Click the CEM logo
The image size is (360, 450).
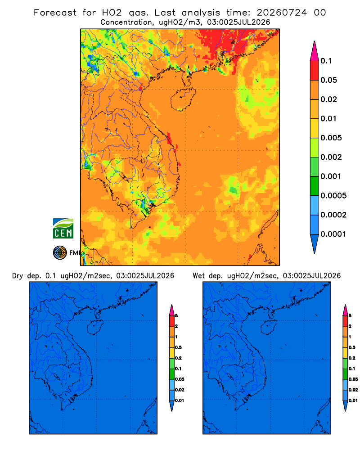[x=63, y=229]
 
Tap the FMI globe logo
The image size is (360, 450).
[x=60, y=252]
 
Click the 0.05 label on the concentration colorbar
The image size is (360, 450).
[x=328, y=80]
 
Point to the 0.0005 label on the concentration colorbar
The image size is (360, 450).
[x=333, y=196]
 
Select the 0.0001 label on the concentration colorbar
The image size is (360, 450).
[x=333, y=234]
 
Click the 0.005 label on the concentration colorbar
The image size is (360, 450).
[x=331, y=138]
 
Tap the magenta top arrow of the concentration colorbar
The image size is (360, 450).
[x=315, y=51]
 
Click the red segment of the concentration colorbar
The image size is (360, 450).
[x=315, y=71]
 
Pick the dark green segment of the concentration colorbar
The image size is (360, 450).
[x=315, y=186]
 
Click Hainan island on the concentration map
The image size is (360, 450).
[x=183, y=99]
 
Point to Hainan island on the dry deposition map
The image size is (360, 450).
[x=95, y=328]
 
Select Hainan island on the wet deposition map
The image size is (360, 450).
[x=269, y=328]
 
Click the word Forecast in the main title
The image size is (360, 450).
[x=55, y=13]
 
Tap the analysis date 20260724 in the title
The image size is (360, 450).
[x=282, y=13]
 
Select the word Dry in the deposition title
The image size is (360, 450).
[x=17, y=276]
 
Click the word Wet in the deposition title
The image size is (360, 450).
[x=198, y=276]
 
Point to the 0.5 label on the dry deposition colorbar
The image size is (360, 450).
[x=178, y=347]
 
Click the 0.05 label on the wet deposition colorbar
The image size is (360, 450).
[x=353, y=379]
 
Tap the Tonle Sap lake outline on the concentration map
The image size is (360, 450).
[x=123, y=176]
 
